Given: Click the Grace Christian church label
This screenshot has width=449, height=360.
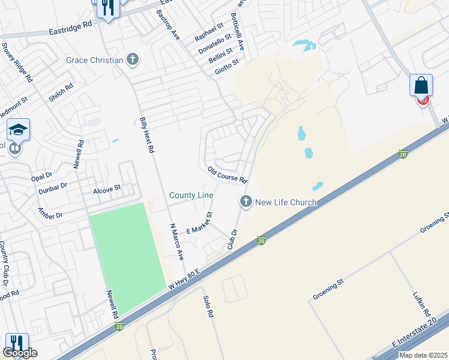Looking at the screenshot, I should tap(95, 60).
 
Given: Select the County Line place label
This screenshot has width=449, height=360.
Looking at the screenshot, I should tap(191, 195).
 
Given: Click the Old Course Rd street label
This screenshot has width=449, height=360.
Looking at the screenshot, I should tap(228, 176).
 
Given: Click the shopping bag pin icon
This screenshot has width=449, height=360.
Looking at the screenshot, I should tap(421, 85).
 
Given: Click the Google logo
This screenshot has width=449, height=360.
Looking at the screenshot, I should tap(20, 353).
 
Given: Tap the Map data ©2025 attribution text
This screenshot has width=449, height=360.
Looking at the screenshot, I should tap(423, 355).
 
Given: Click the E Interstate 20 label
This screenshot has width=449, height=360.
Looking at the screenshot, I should tap(415, 332).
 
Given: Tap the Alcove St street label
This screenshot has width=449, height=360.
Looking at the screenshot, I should tap(107, 188).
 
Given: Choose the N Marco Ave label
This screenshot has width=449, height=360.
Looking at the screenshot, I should tap(176, 241).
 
